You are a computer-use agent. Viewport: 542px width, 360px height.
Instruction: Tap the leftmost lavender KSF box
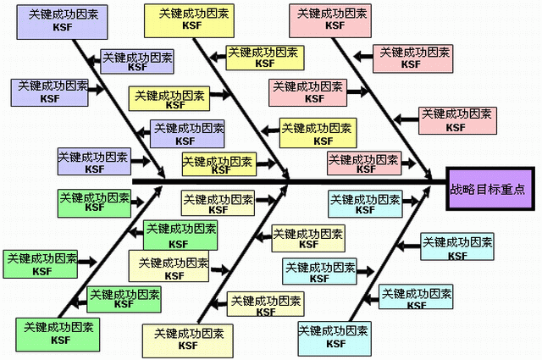point(50,91)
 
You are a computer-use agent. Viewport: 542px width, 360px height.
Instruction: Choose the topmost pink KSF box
point(330,21)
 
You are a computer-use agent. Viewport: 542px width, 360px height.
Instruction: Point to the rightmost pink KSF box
point(457,120)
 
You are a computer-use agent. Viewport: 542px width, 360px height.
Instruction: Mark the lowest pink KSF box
point(364,163)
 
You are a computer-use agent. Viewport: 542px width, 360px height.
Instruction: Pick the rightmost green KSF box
point(180,234)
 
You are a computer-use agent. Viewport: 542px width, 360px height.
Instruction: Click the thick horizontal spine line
point(288,181)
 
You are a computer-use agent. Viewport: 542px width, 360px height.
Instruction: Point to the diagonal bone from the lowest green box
point(110,254)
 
